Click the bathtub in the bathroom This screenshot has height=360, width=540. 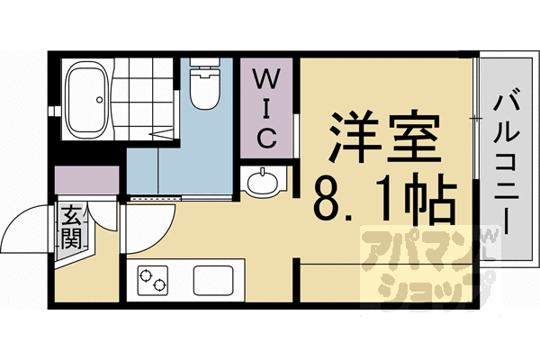point(87,100)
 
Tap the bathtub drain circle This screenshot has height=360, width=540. point(100,100)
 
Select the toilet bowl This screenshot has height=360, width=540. point(205,90)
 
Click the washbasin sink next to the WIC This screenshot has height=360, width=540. point(263,181)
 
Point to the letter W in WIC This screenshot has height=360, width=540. point(266,78)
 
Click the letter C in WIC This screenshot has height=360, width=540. point(266,138)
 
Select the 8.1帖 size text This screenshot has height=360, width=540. point(385,197)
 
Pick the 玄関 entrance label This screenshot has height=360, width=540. point(71,228)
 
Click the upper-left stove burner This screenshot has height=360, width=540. point(146,274)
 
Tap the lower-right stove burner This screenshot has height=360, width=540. point(159,285)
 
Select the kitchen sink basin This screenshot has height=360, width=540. point(213,281)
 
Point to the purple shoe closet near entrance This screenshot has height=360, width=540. point(86,180)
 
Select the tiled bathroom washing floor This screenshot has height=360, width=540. point(142,99)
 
